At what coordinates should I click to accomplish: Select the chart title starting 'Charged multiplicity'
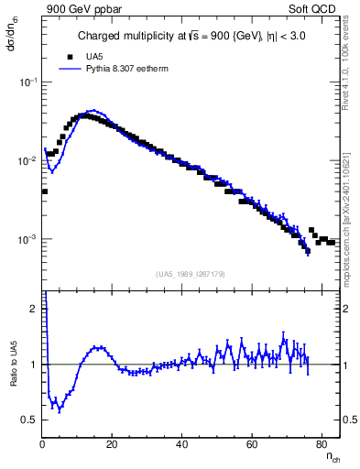[x=191, y=38]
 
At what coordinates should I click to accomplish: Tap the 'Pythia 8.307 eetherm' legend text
[x=130, y=68]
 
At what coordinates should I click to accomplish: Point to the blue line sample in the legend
[x=71, y=68]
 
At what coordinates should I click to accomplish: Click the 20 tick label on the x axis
[x=113, y=444]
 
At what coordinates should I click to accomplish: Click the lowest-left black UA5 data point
[x=44, y=191]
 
